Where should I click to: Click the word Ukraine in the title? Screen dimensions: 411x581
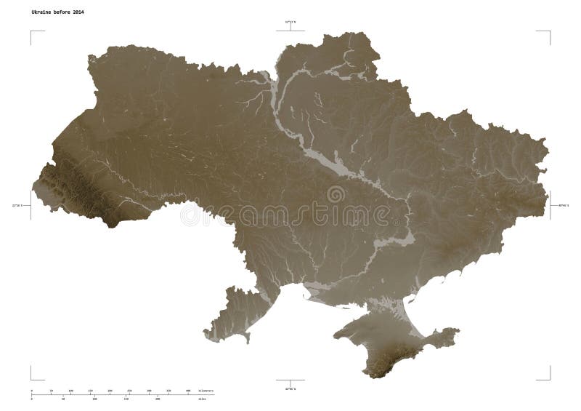pos(41,13)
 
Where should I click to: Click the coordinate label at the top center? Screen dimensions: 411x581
pos(290,23)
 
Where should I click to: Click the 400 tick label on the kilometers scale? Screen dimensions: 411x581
pos(189,391)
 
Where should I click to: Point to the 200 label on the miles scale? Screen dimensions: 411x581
pos(158,399)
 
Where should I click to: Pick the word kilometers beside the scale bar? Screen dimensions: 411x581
pos(206,391)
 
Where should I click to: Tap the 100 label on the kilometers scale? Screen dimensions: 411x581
pos(71,391)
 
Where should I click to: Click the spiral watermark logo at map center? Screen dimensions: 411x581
pos(336,195)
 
